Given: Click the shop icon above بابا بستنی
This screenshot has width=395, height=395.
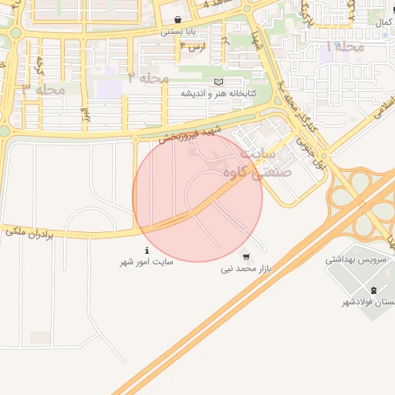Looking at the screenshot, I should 178,20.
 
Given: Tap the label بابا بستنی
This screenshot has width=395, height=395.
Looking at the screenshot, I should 178,32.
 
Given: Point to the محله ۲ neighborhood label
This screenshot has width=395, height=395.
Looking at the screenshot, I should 148,77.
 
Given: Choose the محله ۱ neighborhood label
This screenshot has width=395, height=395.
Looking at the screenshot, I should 345,47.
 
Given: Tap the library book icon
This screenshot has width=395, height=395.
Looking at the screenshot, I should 218,82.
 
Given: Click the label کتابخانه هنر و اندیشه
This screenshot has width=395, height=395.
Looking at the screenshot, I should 218,93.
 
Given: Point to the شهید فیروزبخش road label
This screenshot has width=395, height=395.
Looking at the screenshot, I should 190,133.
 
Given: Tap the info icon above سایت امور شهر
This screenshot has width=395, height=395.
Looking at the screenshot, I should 147,250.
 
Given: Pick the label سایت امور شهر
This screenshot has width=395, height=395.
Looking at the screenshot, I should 147,262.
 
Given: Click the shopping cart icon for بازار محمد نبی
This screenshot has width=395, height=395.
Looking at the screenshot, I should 245,257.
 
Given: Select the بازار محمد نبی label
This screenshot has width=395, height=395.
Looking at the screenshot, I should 245,269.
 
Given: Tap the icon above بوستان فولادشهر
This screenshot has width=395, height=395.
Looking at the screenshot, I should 374,290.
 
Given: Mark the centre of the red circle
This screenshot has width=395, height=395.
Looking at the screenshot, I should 197,197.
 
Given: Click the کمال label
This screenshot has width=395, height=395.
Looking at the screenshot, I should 383,24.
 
